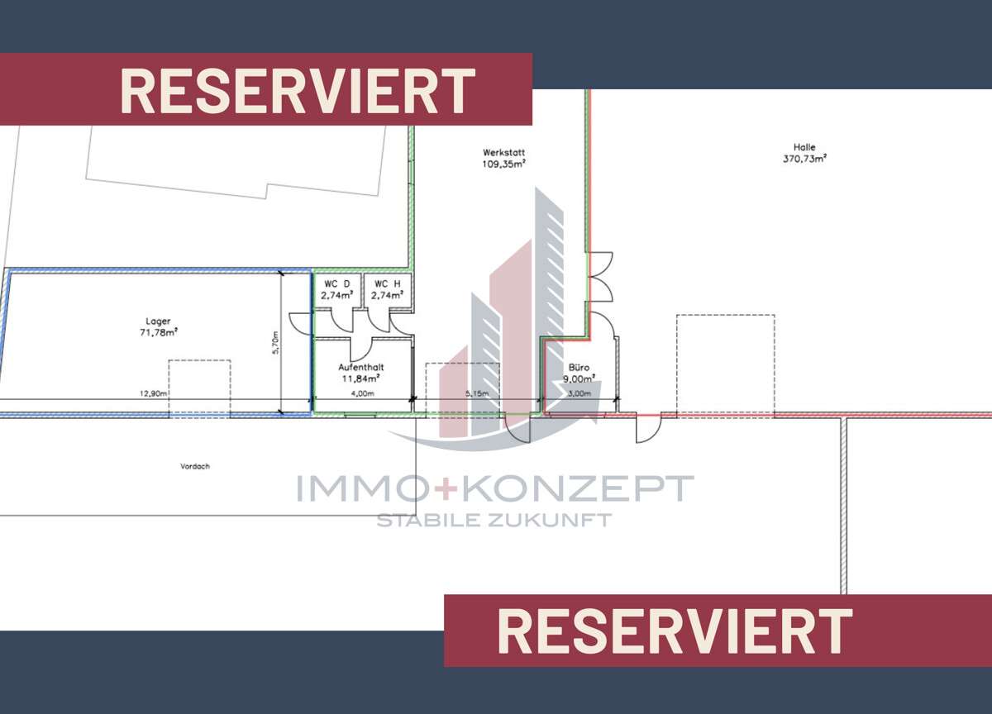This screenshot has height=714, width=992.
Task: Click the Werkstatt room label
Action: pos(503,153)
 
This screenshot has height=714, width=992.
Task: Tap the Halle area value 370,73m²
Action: pos(804,159)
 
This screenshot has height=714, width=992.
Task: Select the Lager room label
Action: pos(158,321)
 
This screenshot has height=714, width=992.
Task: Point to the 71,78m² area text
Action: pos(158,332)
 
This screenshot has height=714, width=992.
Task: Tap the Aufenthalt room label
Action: pos(361,368)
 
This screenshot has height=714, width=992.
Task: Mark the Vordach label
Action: pos(195,466)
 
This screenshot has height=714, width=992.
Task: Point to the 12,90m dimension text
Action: pos(154,393)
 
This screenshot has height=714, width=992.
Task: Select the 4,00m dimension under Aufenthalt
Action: pos(362,393)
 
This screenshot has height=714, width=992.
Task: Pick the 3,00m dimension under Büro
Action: pos(579,393)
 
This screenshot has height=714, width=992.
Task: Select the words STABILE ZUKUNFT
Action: pos(494,520)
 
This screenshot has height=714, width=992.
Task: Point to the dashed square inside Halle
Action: pos(725,364)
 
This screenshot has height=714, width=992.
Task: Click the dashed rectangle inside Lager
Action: pos(199,387)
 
